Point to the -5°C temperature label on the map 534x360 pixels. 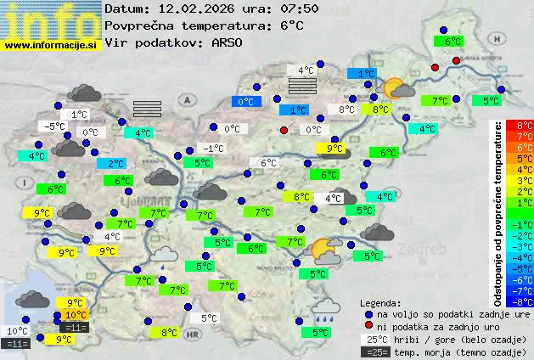pos(53,127)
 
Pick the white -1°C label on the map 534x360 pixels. pos(213,149)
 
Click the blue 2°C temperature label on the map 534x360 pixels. pos(114,164)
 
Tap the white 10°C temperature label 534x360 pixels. pos(17,331)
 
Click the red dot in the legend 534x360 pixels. pos(368,326)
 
